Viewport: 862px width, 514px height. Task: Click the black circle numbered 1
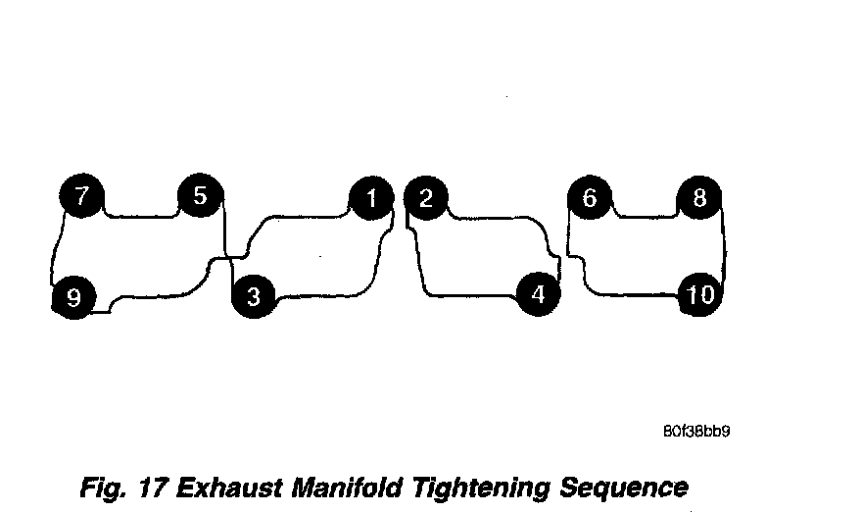click(x=371, y=199)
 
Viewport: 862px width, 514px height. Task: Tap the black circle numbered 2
click(x=425, y=199)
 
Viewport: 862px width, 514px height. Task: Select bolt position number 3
click(x=254, y=295)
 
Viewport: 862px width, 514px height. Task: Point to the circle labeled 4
click(x=537, y=293)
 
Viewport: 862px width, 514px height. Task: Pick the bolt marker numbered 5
click(x=200, y=196)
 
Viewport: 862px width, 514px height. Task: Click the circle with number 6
click(x=589, y=199)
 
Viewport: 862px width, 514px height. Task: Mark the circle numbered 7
click(x=82, y=196)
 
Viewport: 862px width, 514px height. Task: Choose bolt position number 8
click(x=699, y=199)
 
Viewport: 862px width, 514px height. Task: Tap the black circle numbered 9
click(x=73, y=296)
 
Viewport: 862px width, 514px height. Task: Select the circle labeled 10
click(x=701, y=294)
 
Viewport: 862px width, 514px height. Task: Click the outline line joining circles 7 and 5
click(x=141, y=216)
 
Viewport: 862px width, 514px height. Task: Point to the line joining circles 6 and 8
click(x=644, y=215)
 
